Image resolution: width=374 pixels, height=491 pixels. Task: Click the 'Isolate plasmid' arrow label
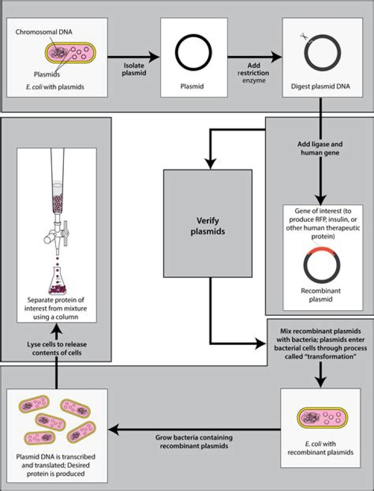[134, 70]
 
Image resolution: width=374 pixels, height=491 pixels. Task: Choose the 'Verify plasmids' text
[207, 227]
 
